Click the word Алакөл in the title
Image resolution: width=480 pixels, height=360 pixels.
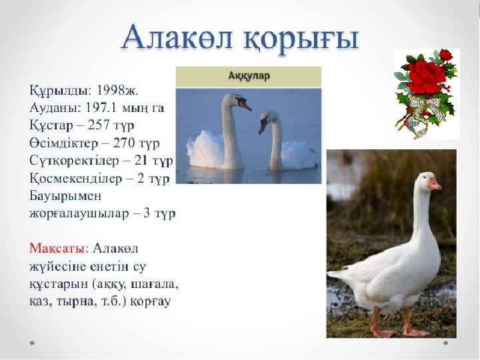[176, 37]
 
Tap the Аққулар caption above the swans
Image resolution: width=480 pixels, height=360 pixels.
[249, 75]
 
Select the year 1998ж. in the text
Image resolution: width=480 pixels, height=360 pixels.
[118, 90]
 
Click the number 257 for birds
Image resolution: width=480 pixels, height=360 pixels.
[99, 125]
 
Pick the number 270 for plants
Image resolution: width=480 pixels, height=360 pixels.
[125, 143]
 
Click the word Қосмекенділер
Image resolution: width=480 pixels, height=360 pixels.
[75, 178]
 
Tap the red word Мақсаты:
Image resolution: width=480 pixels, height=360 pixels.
[59, 248]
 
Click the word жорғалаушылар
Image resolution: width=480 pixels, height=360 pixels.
[79, 214]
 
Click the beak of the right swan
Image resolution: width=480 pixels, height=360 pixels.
[263, 125]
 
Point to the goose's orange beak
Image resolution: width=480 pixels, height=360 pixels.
[435, 184]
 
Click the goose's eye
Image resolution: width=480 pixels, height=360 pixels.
[424, 177]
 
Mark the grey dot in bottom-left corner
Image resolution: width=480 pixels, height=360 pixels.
[32, 343]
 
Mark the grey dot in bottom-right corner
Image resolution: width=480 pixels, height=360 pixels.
[446, 343]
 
